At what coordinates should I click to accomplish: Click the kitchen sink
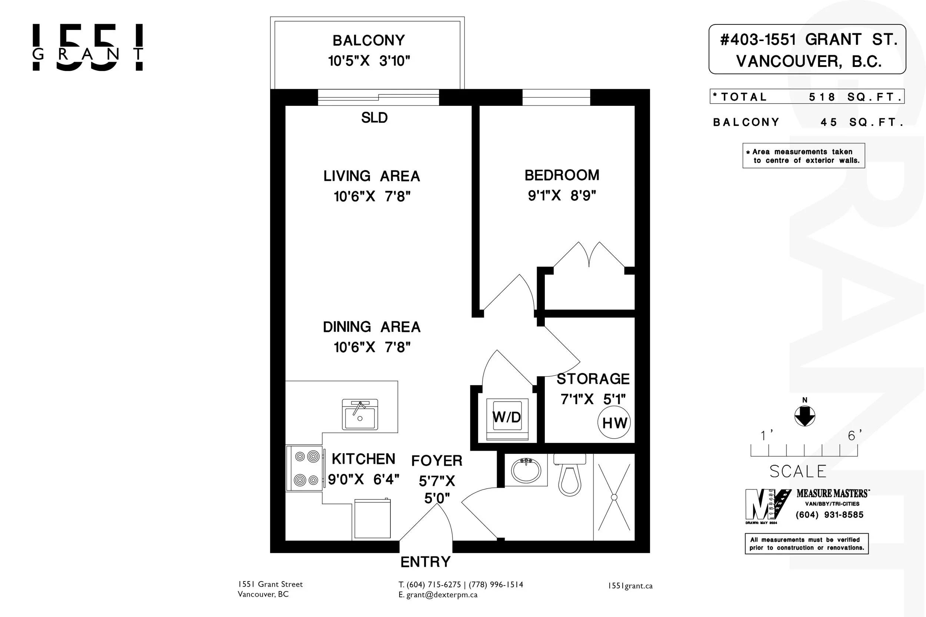pos(360,414)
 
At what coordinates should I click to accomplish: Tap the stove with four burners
pos(306,468)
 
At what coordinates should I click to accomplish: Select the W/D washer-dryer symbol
pos(507,419)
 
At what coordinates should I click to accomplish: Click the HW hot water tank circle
pos(614,423)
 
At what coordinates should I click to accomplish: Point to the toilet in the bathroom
pos(570,474)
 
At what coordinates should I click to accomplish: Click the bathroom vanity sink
pos(526,470)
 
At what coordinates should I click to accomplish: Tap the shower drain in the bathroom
pos(614,497)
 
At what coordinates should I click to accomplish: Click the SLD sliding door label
pos(374,118)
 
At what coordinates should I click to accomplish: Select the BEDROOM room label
pos(562,175)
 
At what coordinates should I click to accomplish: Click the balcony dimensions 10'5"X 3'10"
pos(369,61)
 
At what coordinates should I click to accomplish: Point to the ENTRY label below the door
pos(425,562)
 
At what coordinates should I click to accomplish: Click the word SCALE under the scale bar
pos(798,472)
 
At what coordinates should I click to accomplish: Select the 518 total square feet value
pos(822,97)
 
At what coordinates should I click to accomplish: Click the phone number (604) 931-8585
pos(830,515)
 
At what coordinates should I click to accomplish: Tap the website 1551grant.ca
pos(630,586)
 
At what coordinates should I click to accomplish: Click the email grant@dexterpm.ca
pos(442,595)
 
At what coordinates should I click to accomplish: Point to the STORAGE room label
pos(593,379)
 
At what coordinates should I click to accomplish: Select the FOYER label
pos(437,461)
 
